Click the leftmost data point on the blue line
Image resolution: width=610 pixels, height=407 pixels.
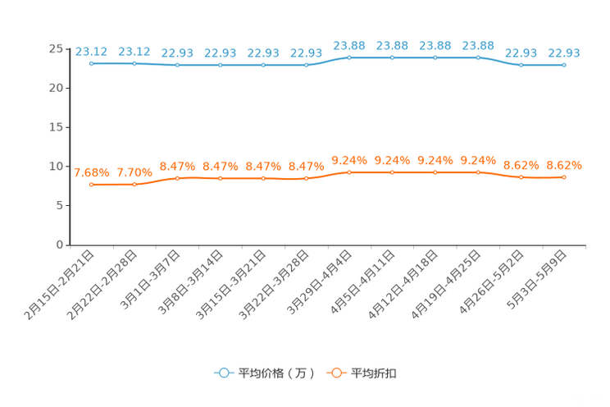pyautogui.click(x=91, y=63)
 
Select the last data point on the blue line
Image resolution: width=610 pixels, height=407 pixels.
pyautogui.click(x=564, y=65)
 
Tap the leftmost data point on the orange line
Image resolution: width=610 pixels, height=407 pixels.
pyautogui.click(x=91, y=185)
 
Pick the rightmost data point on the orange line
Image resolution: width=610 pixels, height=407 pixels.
pyautogui.click(x=564, y=177)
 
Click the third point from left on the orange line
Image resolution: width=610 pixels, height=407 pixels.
pyautogui.click(x=177, y=178)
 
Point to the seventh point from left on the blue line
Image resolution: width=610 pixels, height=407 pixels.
pyautogui.click(x=349, y=57)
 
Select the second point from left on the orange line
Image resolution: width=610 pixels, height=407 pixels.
pyautogui.click(x=134, y=185)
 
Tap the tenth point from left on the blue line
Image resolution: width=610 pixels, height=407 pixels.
pyautogui.click(x=478, y=57)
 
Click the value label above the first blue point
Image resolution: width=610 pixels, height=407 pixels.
pyautogui.click(x=91, y=51)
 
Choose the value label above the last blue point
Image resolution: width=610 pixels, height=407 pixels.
pyautogui.click(x=564, y=53)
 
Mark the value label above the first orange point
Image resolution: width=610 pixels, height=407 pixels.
pyautogui.click(x=91, y=172)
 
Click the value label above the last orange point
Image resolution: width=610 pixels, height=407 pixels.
pyautogui.click(x=564, y=165)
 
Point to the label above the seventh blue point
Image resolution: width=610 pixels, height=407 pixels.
pyautogui.click(x=349, y=45)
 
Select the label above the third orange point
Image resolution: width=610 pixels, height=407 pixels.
pyautogui.click(x=177, y=166)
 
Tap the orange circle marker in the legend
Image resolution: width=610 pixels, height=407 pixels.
pyautogui.click(x=335, y=373)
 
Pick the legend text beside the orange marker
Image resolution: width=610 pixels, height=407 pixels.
pyautogui.click(x=375, y=373)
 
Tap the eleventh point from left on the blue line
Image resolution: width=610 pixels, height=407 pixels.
pyautogui.click(x=521, y=65)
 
